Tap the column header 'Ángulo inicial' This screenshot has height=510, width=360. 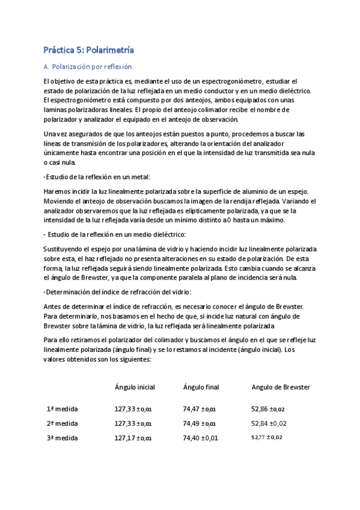(135, 387)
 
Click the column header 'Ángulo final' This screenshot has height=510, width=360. (200, 387)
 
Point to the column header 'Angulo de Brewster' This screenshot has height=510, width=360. (281, 387)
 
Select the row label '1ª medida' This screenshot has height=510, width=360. (62, 409)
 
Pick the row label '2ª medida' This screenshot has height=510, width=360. (62, 423)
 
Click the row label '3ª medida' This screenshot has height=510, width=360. (62, 438)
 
